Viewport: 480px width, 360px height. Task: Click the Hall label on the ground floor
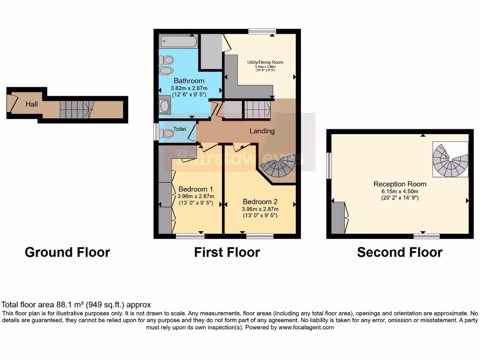pyautogui.click(x=31, y=104)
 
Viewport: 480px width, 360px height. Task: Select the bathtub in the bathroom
pyautogui.click(x=178, y=42)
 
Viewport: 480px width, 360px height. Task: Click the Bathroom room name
pyautogui.click(x=189, y=81)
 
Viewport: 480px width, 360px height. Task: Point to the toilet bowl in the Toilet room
pyautogui.click(x=167, y=134)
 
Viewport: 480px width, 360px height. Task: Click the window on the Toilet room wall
pyautogui.click(x=156, y=132)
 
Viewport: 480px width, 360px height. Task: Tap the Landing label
pyautogui.click(x=262, y=131)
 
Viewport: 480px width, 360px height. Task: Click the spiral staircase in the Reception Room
pyautogui.click(x=450, y=160)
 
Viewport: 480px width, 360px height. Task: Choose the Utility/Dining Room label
pyautogui.click(x=265, y=62)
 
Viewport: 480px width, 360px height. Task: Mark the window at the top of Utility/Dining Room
pyautogui.click(x=262, y=32)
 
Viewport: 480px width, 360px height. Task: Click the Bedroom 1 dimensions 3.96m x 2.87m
pyautogui.click(x=196, y=196)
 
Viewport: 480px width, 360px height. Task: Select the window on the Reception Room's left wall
pyautogui.click(x=330, y=165)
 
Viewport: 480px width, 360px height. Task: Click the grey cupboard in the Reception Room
pyautogui.click(x=338, y=217)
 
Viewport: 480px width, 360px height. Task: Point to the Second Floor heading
pyautogui.click(x=399, y=252)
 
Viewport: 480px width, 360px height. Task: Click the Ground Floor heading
pyautogui.click(x=67, y=252)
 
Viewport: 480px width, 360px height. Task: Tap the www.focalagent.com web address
pyautogui.click(x=306, y=328)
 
